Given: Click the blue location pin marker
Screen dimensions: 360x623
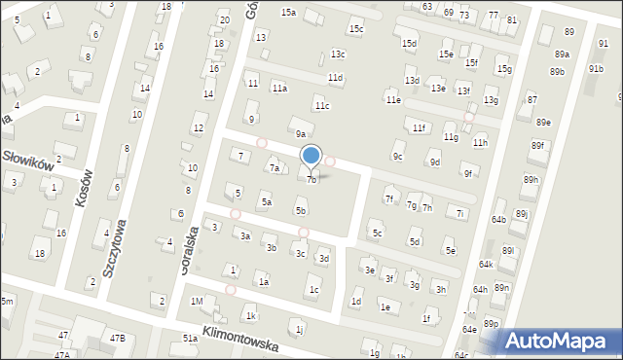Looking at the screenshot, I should (x=311, y=156).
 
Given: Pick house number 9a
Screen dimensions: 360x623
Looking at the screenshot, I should (x=301, y=134).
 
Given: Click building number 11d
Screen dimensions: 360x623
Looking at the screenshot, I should (x=335, y=77).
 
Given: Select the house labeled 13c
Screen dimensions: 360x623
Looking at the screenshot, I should (x=337, y=54).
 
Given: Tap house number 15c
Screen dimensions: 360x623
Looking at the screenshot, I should (x=356, y=29).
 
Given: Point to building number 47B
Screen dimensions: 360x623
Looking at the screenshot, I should (x=117, y=338).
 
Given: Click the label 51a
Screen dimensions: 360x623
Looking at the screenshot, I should (x=190, y=338).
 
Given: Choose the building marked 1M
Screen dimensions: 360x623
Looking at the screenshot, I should (x=197, y=301).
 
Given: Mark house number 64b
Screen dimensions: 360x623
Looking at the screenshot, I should (x=498, y=220).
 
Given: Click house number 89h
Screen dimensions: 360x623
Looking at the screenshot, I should (x=531, y=180).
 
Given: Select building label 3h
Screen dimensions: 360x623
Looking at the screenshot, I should (x=441, y=289).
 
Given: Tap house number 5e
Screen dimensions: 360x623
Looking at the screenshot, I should (x=450, y=251).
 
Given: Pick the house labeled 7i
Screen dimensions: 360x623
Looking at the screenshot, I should (x=460, y=212).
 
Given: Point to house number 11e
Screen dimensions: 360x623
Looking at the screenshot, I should (x=393, y=99).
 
